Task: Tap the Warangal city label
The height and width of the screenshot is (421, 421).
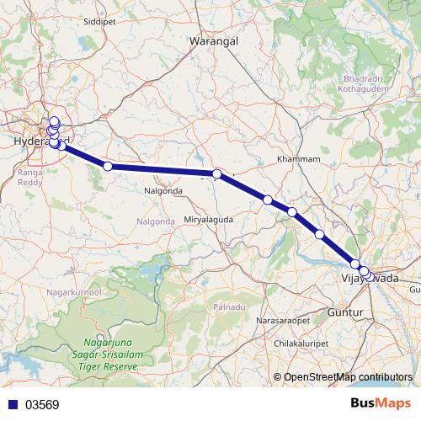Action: point(214,40)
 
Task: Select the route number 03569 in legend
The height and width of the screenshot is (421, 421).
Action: point(41,405)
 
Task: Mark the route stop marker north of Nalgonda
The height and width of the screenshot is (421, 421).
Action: point(108,166)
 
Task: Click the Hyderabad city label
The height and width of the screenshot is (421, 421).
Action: point(40,141)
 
